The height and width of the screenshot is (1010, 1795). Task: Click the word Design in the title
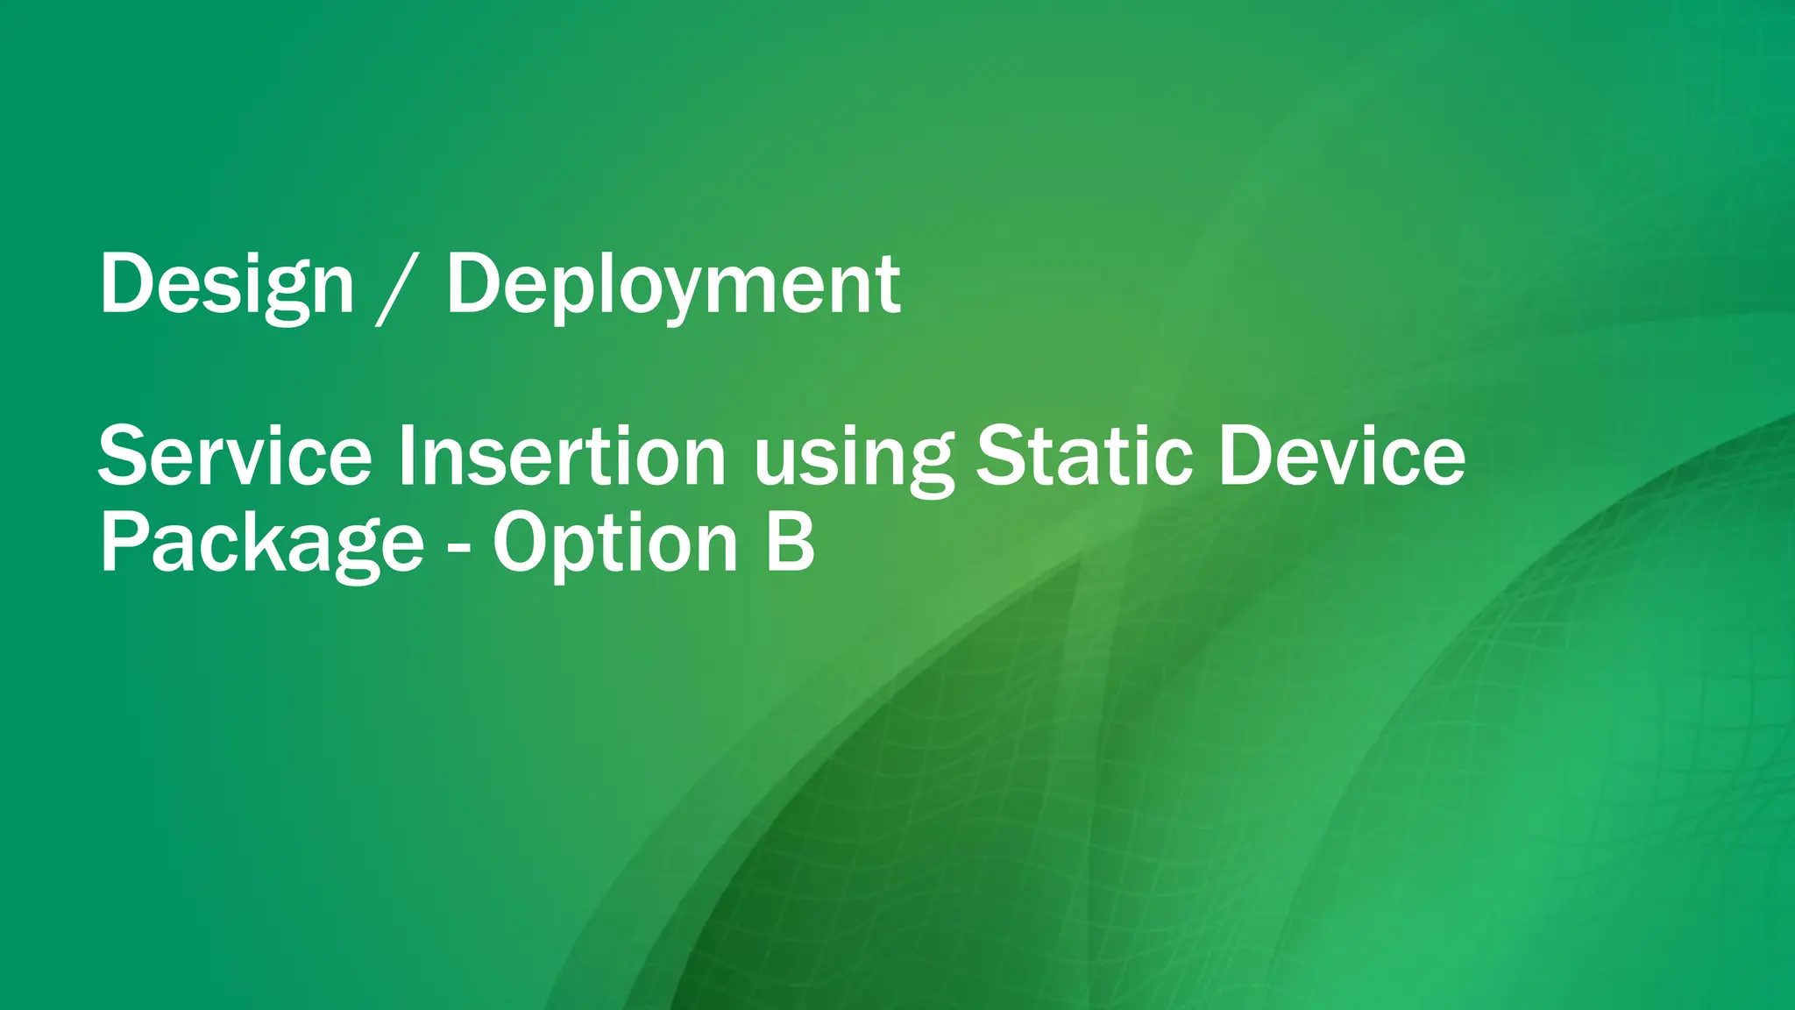click(x=226, y=285)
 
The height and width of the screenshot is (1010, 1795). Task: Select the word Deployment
click(x=673, y=285)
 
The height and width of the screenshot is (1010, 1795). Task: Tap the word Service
click(x=235, y=457)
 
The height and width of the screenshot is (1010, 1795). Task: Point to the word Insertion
click(x=562, y=457)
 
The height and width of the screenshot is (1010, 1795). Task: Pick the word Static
click(x=1084, y=457)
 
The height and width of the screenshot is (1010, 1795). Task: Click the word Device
click(x=1342, y=457)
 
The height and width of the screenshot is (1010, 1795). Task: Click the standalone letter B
click(x=791, y=543)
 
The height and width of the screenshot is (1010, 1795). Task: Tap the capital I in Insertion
click(x=405, y=456)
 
